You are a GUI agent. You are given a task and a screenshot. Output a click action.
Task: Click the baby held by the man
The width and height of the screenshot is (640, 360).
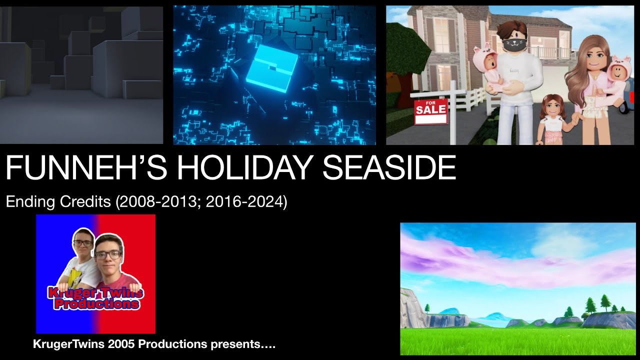coord(486,70)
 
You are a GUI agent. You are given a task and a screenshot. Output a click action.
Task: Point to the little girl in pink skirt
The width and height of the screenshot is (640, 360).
coord(551,120)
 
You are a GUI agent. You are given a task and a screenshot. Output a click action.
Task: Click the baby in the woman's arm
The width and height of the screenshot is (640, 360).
coord(616,80)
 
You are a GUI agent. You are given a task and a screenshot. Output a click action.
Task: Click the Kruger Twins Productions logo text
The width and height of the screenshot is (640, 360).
coord(95,298)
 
